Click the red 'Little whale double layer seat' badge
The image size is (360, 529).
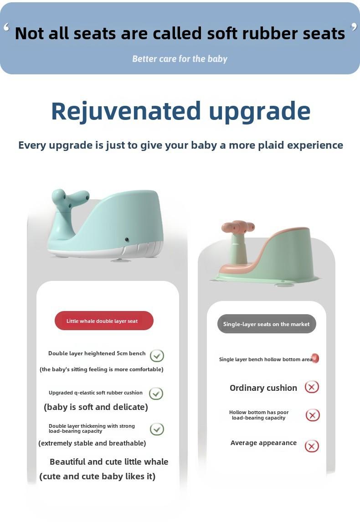(104, 321)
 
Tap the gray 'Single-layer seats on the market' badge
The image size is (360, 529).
(267, 324)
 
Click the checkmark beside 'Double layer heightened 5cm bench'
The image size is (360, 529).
(157, 355)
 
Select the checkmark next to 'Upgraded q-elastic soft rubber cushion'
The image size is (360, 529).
(156, 394)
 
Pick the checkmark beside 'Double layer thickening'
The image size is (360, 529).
(157, 429)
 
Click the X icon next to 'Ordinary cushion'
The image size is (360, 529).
(312, 387)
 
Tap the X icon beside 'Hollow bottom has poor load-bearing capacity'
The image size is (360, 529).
(313, 415)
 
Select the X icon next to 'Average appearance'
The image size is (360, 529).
(312, 446)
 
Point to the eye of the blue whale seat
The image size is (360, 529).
(127, 239)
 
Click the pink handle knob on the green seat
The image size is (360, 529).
(238, 227)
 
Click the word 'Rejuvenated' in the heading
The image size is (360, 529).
(126, 112)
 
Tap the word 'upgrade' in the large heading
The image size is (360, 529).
(260, 113)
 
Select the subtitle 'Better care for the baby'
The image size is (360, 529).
(180, 59)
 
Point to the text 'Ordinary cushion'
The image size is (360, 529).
(263, 388)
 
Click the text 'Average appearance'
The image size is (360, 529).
(263, 443)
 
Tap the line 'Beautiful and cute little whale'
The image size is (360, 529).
(109, 462)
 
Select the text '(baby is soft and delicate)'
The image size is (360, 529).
(96, 407)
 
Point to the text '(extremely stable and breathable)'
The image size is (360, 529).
(92, 443)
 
